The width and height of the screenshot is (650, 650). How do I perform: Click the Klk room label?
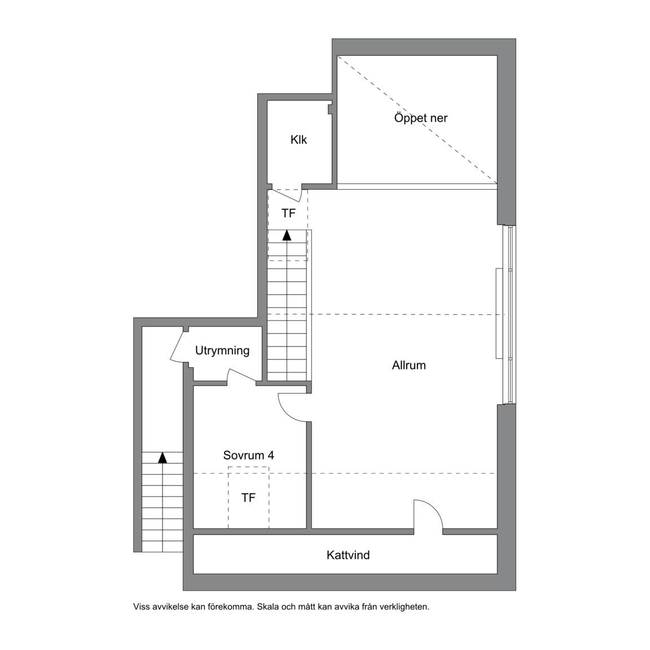point(298,140)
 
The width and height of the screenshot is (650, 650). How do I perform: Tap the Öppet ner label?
point(421,118)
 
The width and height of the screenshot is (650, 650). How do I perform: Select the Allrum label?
point(409,365)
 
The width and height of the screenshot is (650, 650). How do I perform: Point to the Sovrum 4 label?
point(249,455)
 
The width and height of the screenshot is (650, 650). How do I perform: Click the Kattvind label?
point(348,555)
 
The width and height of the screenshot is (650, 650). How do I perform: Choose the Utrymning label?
point(222,351)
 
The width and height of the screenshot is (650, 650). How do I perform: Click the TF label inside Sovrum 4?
point(248,498)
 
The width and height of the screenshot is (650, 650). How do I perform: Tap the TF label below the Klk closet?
point(288,213)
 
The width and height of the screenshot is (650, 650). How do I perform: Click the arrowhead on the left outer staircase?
point(162,457)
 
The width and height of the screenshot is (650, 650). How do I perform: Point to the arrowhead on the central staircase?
point(287,235)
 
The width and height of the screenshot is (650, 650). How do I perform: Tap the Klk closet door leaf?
point(285,195)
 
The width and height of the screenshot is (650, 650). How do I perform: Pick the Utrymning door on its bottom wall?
point(242,375)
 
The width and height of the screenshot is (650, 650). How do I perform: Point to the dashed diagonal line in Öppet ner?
point(418,120)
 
